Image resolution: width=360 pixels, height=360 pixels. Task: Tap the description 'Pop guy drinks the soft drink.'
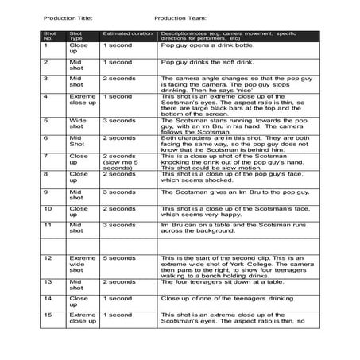pyautogui.click(x=204, y=62)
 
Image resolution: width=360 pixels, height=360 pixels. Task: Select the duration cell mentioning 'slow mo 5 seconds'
pyautogui.click(x=121, y=161)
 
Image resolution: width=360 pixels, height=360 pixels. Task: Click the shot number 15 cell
pyautogui.click(x=47, y=315)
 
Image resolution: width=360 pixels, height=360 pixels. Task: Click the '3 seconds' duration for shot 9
pyautogui.click(x=119, y=192)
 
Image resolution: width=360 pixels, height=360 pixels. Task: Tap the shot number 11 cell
pyautogui.click(x=47, y=225)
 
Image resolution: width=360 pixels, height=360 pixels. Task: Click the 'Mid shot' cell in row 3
pyautogui.click(x=76, y=82)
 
